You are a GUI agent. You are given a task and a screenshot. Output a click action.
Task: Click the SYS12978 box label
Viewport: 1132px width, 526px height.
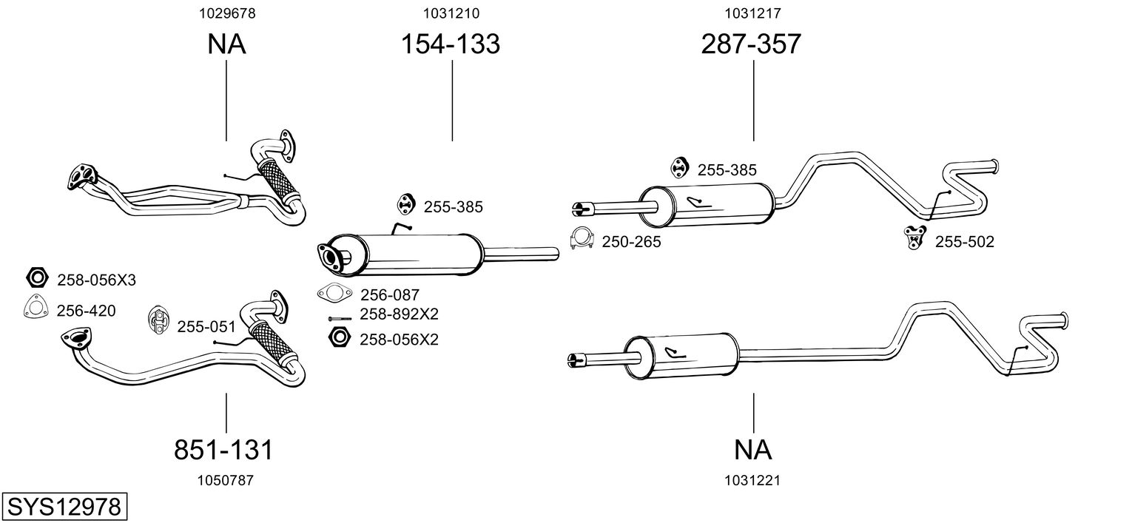pyautogui.click(x=64, y=508)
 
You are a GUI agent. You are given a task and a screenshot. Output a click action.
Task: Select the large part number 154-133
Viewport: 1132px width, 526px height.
pyautogui.click(x=451, y=44)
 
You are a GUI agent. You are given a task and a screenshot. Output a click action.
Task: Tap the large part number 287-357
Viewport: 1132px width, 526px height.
pyautogui.click(x=751, y=44)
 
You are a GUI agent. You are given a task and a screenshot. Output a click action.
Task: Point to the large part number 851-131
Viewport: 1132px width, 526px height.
pyautogui.click(x=223, y=450)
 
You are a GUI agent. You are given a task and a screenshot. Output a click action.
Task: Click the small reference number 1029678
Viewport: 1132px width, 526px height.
pyautogui.click(x=226, y=13)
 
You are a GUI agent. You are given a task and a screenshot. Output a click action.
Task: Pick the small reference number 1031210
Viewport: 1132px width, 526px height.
pyautogui.click(x=451, y=13)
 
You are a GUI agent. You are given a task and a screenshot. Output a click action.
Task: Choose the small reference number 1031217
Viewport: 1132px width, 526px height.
pyautogui.click(x=753, y=13)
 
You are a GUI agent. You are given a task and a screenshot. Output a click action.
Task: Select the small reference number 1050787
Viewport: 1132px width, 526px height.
pyautogui.click(x=225, y=480)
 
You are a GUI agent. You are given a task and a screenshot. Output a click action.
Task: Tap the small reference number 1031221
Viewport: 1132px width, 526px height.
pyautogui.click(x=753, y=480)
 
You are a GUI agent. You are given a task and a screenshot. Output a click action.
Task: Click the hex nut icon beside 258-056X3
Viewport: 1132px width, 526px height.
pyautogui.click(x=36, y=279)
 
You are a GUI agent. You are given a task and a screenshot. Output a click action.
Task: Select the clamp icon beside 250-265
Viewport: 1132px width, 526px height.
pyautogui.click(x=582, y=238)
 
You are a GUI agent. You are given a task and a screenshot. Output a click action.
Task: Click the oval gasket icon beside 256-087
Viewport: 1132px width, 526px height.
pyautogui.click(x=333, y=294)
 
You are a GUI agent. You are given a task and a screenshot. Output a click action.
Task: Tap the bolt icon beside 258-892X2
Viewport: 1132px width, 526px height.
pyautogui.click(x=340, y=318)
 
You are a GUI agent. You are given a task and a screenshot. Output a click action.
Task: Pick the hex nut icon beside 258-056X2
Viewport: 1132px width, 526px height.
pyautogui.click(x=339, y=338)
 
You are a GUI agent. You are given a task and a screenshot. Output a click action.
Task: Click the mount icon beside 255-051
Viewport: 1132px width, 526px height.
pyautogui.click(x=158, y=319)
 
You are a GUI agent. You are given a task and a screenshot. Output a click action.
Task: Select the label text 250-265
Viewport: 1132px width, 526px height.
pyautogui.click(x=630, y=242)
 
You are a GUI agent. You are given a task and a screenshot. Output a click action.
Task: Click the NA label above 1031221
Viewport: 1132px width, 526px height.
pyautogui.click(x=753, y=450)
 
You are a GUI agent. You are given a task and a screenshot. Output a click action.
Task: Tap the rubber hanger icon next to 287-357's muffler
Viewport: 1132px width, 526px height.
pyautogui.click(x=678, y=168)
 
